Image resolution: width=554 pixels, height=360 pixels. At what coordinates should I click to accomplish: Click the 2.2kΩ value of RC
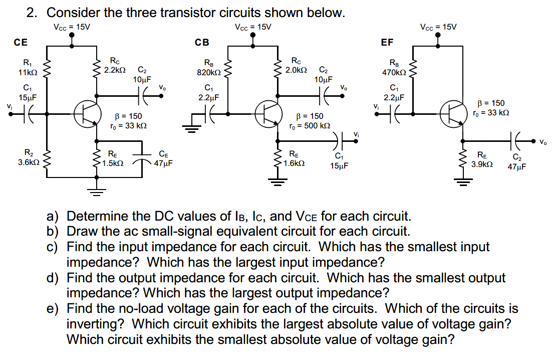(115, 70)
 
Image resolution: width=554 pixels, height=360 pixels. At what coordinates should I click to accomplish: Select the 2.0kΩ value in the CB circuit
(296, 70)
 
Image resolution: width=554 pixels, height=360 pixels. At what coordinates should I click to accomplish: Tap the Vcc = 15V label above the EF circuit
(439, 27)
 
